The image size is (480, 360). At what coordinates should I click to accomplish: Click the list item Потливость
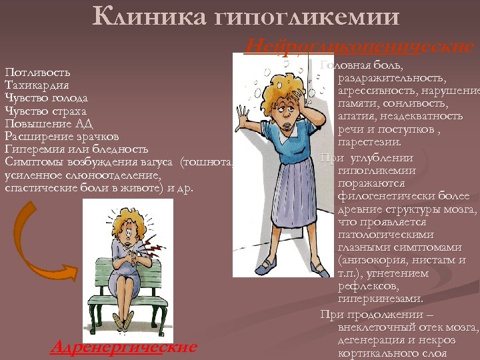point(37,72)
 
